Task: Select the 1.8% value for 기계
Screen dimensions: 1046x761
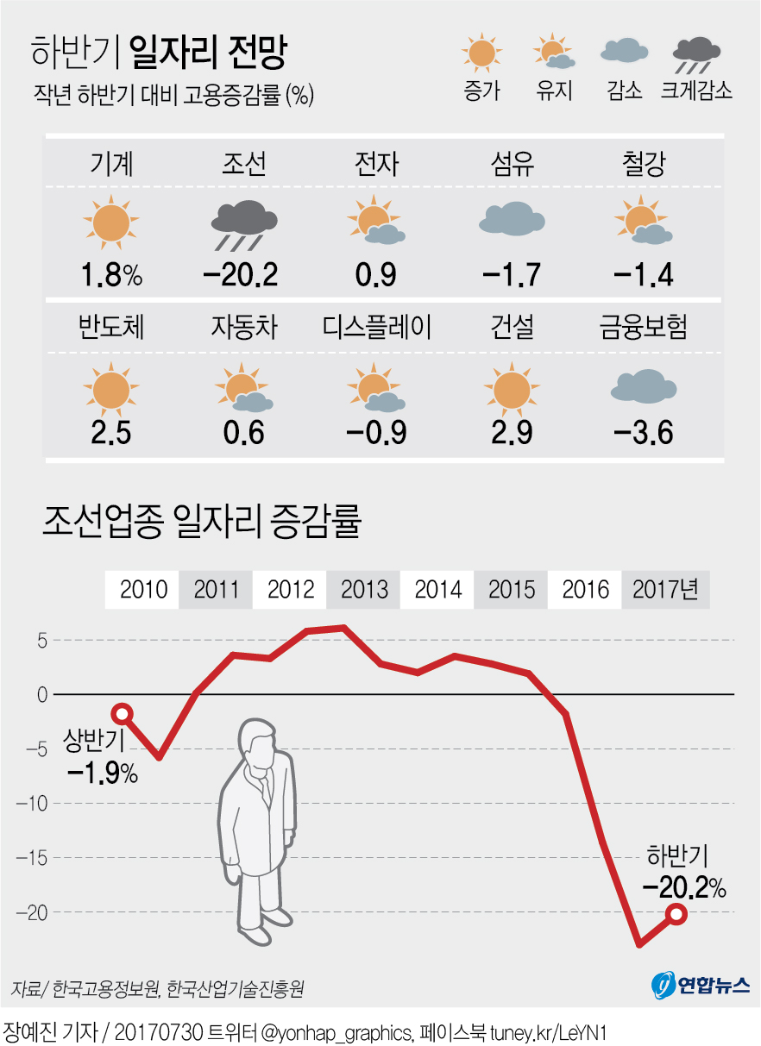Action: click(x=110, y=275)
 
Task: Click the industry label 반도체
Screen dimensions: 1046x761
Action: click(x=110, y=328)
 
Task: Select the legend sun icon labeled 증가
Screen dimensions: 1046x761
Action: click(x=481, y=53)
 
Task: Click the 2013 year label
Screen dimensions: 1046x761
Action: click(x=364, y=591)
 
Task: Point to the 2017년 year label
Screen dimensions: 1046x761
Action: click(x=665, y=591)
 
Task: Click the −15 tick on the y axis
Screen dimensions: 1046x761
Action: click(x=33, y=858)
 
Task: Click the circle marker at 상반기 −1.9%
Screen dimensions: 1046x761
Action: click(x=123, y=713)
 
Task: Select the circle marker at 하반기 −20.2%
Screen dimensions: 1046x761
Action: click(x=676, y=915)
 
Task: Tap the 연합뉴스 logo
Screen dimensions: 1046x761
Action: click(x=700, y=985)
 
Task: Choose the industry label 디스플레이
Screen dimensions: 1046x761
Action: click(x=377, y=328)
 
